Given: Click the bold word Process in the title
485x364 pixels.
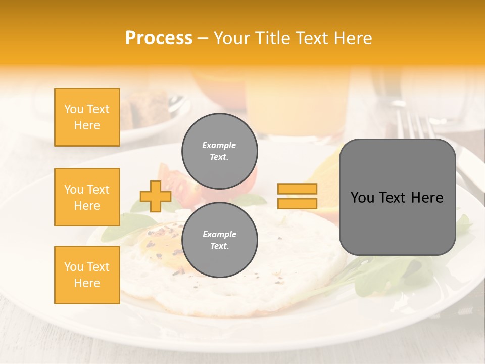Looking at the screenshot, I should (159, 38).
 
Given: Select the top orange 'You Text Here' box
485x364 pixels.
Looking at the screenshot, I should (87, 117).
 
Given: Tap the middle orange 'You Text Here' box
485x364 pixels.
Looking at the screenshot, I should (87, 197).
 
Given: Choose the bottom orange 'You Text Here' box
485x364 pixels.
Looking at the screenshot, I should (87, 275).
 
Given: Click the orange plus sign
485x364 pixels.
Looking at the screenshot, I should (155, 196).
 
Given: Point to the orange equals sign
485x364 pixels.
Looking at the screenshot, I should (297, 196).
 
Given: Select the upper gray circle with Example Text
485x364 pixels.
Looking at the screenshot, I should (219, 151).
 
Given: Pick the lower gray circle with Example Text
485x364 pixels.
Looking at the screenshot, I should (219, 240).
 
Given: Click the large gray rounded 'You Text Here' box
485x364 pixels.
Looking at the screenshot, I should (397, 197).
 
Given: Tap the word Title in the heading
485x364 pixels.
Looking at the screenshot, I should (276, 38).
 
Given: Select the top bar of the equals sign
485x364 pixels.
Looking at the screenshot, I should (297, 189).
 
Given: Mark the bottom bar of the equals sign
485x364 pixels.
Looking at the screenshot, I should (297, 203).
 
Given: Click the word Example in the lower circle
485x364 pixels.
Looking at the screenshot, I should (219, 234).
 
